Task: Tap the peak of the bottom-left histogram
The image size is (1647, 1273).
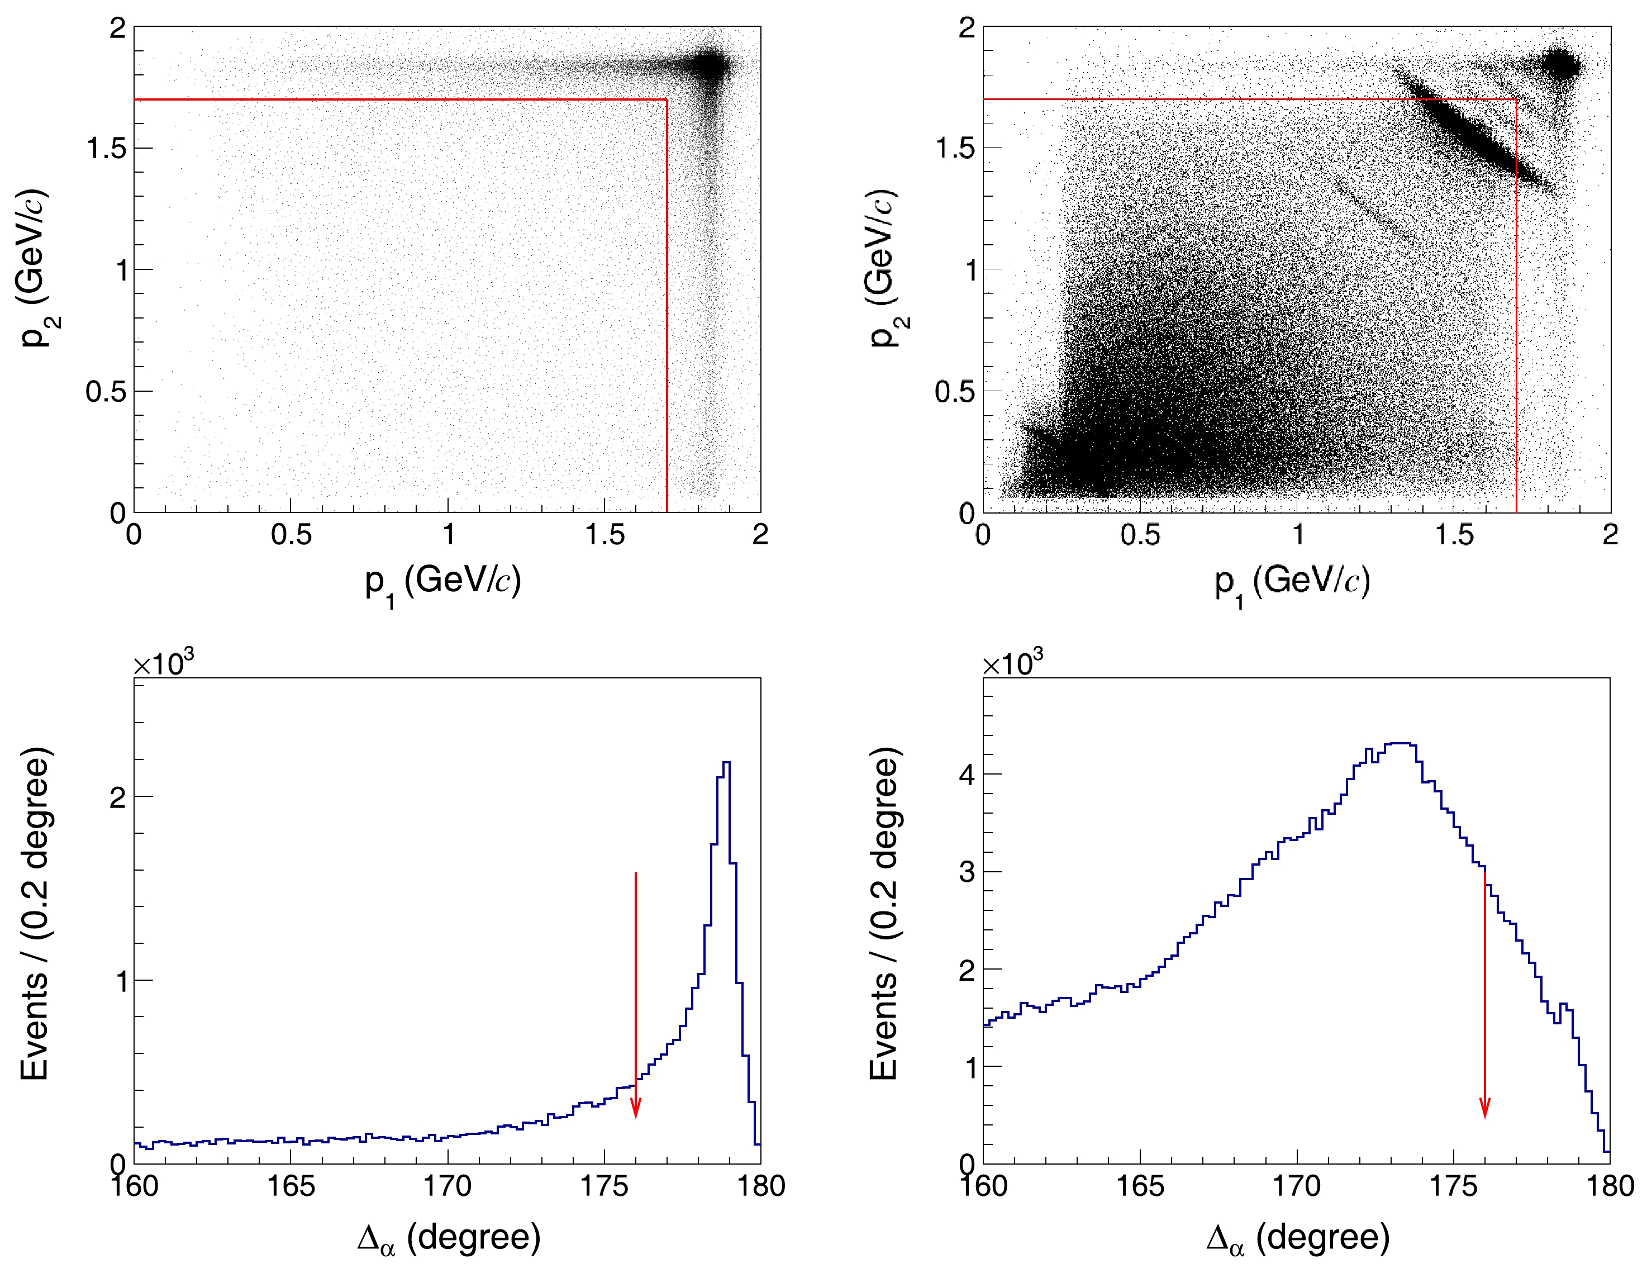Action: pyautogui.click(x=726, y=763)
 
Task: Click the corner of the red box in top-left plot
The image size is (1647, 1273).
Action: pyautogui.click(x=667, y=99)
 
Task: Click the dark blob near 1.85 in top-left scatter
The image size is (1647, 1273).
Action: pyautogui.click(x=711, y=66)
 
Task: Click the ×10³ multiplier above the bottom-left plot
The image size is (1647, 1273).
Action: pyautogui.click(x=164, y=664)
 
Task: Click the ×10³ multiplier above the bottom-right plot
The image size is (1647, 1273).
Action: pyautogui.click(x=1013, y=664)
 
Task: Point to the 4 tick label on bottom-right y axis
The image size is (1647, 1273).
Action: pyautogui.click(x=967, y=775)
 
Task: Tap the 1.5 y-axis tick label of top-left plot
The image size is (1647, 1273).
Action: pyautogui.click(x=106, y=149)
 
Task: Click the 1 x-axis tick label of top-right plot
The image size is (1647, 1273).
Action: pyautogui.click(x=1297, y=535)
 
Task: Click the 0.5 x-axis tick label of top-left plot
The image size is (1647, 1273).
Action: pyautogui.click(x=291, y=535)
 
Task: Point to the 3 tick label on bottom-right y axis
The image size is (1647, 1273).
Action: pyautogui.click(x=967, y=872)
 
